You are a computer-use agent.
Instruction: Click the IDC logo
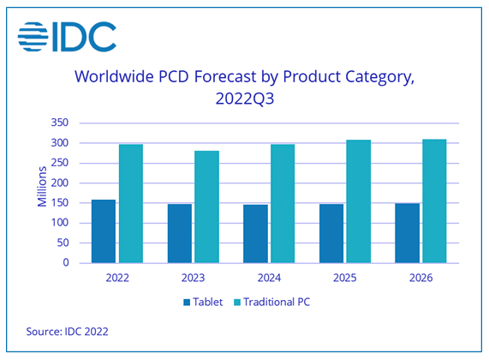pyautogui.click(x=67, y=37)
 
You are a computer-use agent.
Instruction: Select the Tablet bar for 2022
pyautogui.click(x=104, y=231)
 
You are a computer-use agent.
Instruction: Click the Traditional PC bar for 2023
pyautogui.click(x=206, y=207)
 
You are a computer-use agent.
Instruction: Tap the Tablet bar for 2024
pyautogui.click(x=255, y=233)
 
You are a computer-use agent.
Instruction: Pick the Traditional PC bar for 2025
pyautogui.click(x=359, y=201)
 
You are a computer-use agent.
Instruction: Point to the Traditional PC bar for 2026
pyautogui.click(x=434, y=201)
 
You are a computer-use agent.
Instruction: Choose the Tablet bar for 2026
pyautogui.click(x=408, y=233)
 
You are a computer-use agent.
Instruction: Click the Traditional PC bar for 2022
pyautogui.click(x=131, y=204)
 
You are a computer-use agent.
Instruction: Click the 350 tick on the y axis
pyautogui.click(x=60, y=123)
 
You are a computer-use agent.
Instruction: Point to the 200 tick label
pyautogui.click(x=60, y=183)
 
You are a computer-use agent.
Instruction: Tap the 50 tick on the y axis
pyautogui.click(x=63, y=243)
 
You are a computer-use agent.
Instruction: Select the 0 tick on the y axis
pyautogui.click(x=66, y=262)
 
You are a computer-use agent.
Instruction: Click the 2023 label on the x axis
pyautogui.click(x=193, y=278)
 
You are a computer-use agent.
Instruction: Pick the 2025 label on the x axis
pyautogui.click(x=345, y=278)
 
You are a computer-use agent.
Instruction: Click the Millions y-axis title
pyautogui.click(x=42, y=187)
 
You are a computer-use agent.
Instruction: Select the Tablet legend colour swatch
pyautogui.click(x=187, y=303)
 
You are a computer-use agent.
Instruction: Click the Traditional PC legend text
pyautogui.click(x=277, y=302)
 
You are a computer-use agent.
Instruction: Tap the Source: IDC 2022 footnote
pyautogui.click(x=67, y=331)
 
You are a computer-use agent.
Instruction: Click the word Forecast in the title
pyautogui.click(x=225, y=76)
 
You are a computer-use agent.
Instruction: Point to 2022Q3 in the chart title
pyautogui.click(x=245, y=99)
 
